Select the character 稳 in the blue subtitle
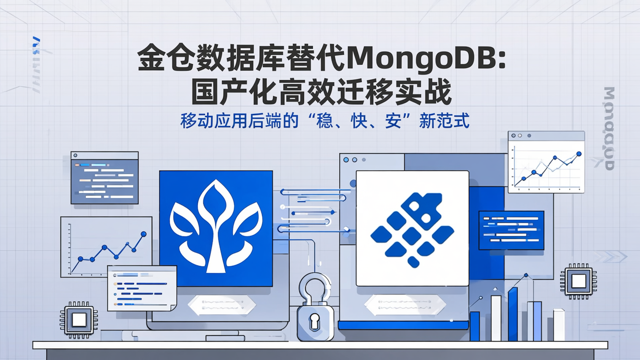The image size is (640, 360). (323, 121)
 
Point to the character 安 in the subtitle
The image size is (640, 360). (393, 121)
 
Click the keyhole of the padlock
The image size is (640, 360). (315, 321)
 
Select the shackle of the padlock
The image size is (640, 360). (315, 284)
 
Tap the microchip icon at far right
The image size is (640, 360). (578, 281)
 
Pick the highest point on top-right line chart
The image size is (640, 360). (579, 154)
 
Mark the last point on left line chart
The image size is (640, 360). (144, 234)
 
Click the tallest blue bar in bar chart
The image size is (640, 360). (513, 314)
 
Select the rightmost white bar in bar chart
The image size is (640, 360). (559, 325)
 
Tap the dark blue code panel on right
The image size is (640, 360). (511, 230)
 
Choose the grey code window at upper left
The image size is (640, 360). (104, 178)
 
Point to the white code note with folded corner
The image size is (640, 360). (142, 288)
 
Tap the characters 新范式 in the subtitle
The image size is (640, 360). (444, 121)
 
